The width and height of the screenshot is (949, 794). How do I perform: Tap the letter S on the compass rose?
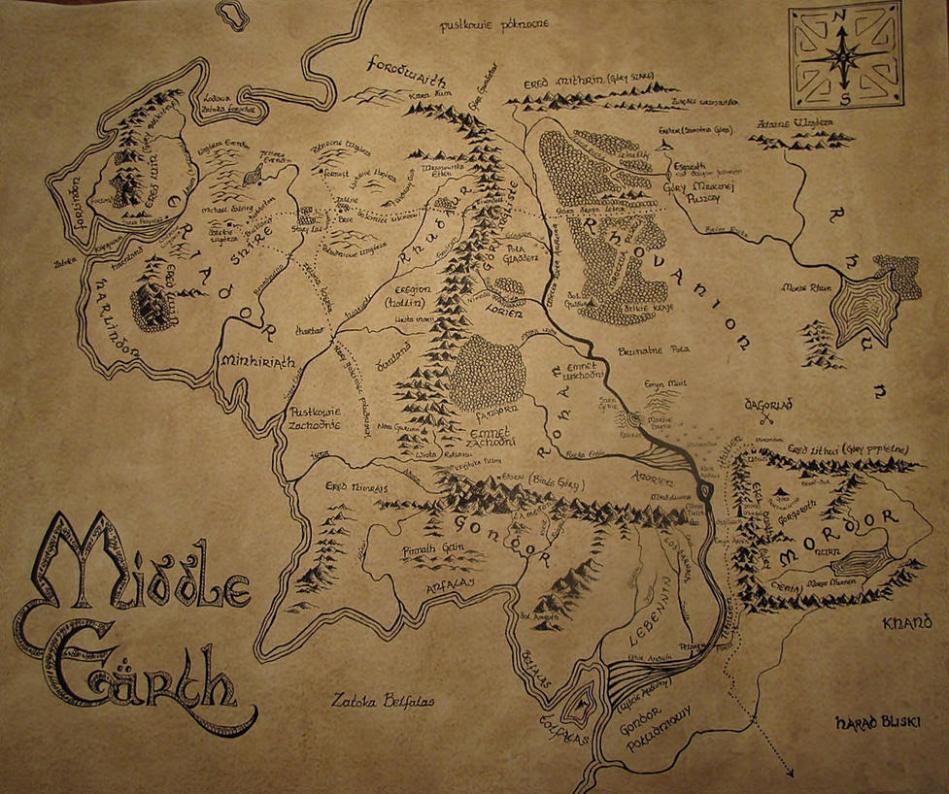[845, 98]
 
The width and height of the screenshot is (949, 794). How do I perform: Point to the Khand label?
[907, 621]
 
